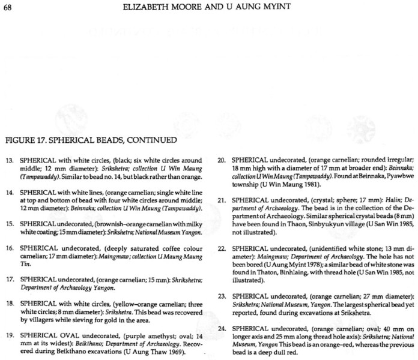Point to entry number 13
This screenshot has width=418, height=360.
click(x=8, y=162)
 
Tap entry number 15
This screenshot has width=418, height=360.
click(x=8, y=223)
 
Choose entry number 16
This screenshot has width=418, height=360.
click(x=8, y=247)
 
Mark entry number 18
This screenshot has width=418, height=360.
click(x=8, y=302)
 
